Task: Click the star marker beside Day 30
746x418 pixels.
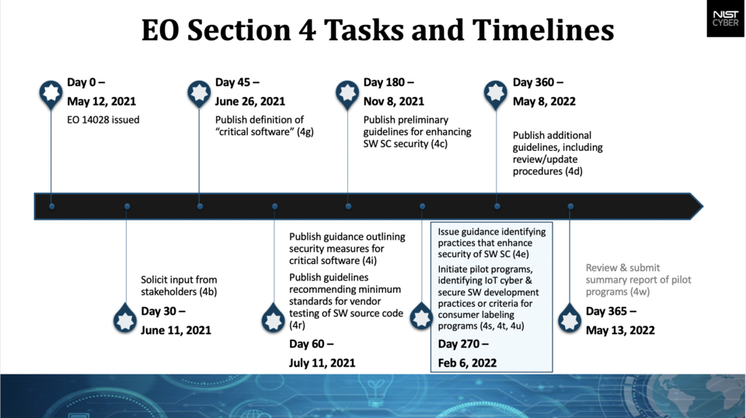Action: (x=125, y=318)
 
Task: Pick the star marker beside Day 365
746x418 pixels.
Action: (x=570, y=318)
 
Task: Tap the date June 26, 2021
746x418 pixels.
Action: (x=250, y=101)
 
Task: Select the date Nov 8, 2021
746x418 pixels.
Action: (x=394, y=101)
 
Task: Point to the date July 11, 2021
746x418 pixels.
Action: (x=322, y=362)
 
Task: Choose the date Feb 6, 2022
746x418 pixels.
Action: (x=468, y=362)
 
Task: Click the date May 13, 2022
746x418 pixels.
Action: (x=620, y=330)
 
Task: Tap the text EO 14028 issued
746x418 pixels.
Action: (x=103, y=120)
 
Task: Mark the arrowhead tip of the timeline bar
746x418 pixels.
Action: (x=702, y=206)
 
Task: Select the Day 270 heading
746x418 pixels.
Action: (x=464, y=343)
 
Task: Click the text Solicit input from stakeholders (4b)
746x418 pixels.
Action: (x=179, y=286)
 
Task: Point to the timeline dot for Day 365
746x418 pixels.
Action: (x=570, y=207)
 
